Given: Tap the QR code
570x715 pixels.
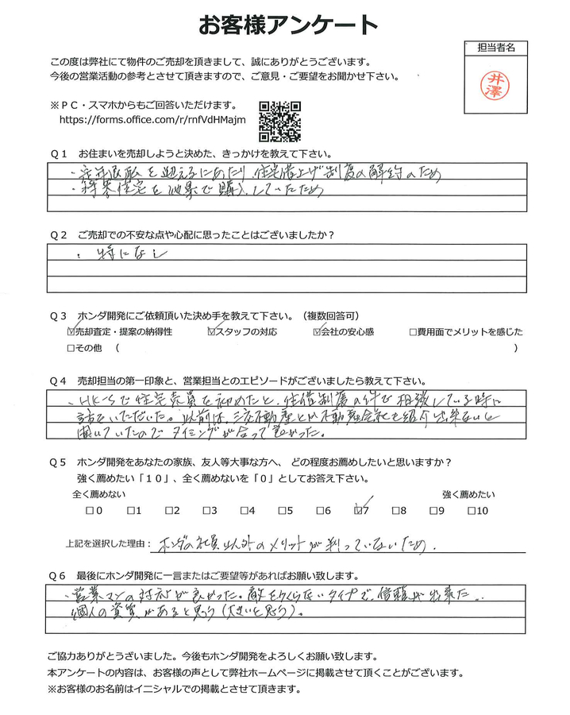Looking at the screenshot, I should [280, 122].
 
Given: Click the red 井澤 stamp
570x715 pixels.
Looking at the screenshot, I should [498, 83].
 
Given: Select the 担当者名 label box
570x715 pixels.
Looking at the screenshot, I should [498, 48].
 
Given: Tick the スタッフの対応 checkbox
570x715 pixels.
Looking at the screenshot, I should [211, 331].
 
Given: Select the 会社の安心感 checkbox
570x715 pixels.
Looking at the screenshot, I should [318, 331].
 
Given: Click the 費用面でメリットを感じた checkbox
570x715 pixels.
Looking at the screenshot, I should [414, 331].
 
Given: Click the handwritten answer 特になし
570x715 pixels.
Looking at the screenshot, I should [127, 254].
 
